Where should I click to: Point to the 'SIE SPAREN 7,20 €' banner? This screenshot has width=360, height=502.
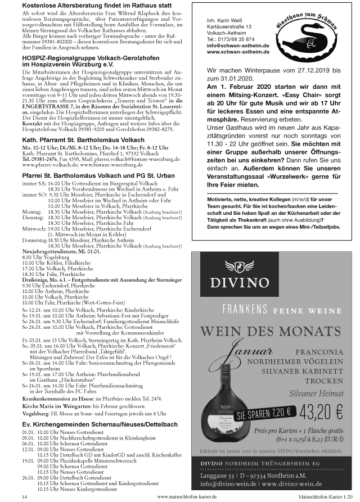(264, 416)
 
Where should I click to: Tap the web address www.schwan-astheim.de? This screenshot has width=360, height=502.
(235, 52)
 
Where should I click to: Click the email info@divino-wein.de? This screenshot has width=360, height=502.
(226, 482)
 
